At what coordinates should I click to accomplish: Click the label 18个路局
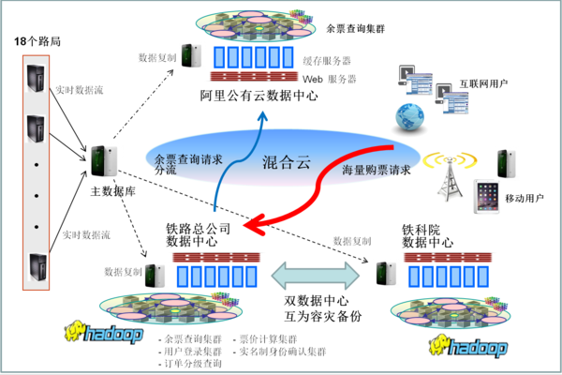tap(37, 43)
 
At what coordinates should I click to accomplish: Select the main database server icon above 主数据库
tap(101, 161)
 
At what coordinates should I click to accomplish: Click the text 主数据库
tap(107, 190)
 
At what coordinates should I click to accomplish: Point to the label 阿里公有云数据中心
tap(259, 96)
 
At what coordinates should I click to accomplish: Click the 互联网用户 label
tap(483, 83)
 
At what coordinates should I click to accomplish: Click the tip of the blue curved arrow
tap(264, 114)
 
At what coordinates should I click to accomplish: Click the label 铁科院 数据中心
tap(427, 235)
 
